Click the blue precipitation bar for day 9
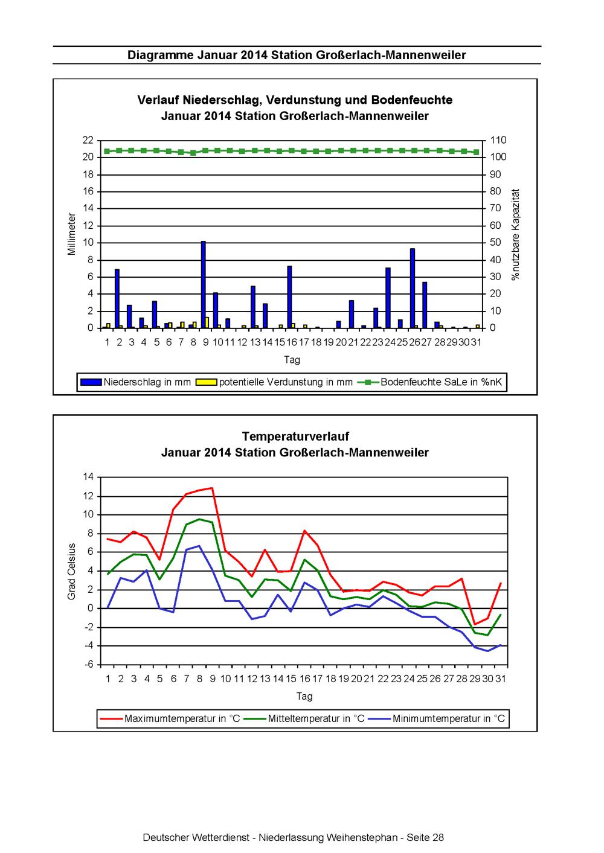203,284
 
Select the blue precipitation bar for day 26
413,289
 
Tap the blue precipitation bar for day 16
289,296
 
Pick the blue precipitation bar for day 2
117,299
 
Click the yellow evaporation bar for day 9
207,322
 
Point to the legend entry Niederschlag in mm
135,382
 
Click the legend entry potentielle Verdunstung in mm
274,382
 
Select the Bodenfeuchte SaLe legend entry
430,382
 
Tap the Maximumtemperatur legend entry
170,718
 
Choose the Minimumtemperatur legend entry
437,718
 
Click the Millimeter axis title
71,234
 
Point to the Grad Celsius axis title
71,572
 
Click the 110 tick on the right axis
498,140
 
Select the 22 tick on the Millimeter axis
88,140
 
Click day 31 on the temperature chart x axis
500,679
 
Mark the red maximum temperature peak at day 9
212,488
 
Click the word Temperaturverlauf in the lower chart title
295,436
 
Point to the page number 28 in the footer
439,837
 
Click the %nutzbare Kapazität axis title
516,235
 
